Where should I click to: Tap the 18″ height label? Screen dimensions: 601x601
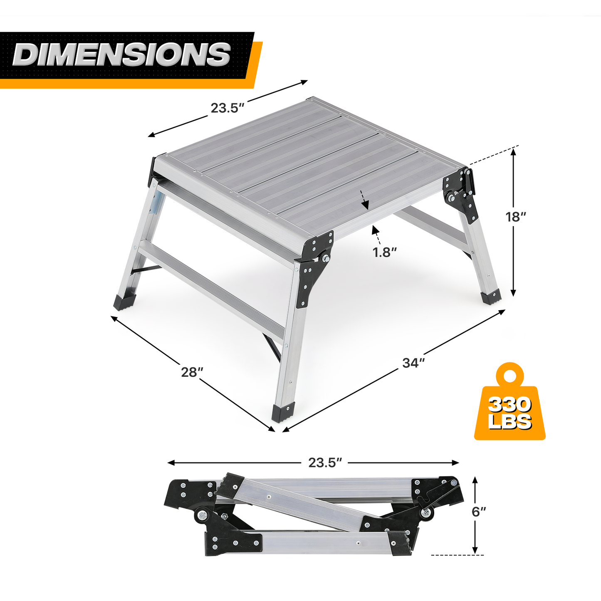point(516,216)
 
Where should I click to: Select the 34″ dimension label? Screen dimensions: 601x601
point(413,363)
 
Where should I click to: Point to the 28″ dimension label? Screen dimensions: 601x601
point(192,372)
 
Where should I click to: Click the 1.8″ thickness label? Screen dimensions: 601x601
point(385,252)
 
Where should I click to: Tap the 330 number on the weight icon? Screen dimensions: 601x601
point(509,405)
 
